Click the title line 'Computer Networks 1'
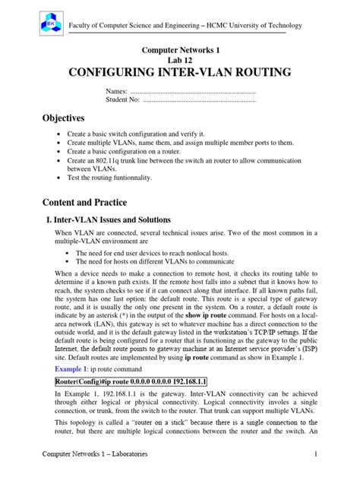click(179, 49)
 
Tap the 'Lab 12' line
click(179, 60)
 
